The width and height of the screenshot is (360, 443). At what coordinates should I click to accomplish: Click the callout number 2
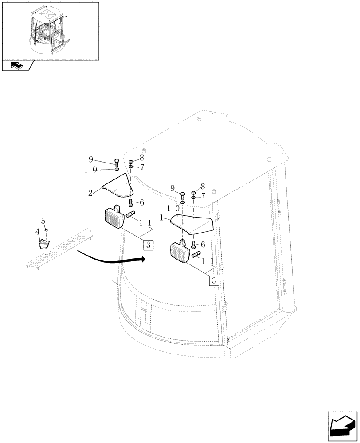[90, 193]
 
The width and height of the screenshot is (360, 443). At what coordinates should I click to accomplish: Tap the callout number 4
[38, 231]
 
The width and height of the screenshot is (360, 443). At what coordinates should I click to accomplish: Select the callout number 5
[43, 220]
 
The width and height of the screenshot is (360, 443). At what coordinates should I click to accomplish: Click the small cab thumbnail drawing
[50, 30]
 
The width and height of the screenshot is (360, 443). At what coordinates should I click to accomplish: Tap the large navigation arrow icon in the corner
[342, 426]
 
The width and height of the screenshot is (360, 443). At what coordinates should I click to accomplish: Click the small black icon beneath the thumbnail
[17, 66]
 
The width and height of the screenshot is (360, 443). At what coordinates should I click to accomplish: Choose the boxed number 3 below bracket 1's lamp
[214, 280]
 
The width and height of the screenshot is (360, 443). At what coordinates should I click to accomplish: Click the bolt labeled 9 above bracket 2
[116, 162]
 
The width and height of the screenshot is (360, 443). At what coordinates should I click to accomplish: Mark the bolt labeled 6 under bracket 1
[193, 244]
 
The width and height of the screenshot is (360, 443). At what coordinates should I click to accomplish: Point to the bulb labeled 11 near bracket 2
[131, 215]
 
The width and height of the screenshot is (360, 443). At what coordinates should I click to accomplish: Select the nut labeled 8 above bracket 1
[193, 193]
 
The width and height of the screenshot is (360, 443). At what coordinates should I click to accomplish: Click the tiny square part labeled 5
[46, 230]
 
